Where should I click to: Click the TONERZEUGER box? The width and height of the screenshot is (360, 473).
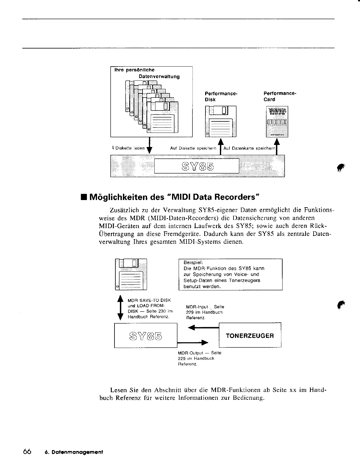click(250, 336)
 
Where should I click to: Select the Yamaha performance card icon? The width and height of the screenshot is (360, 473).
click(277, 121)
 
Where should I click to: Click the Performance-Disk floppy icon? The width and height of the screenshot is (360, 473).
click(221, 121)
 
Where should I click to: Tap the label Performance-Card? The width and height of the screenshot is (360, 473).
click(280, 96)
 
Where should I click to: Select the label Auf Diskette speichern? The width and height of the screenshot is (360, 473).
click(193, 149)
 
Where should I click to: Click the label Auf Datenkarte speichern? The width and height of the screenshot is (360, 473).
click(249, 149)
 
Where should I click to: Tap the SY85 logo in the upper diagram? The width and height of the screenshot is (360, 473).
click(197, 166)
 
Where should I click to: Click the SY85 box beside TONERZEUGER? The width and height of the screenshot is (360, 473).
click(146, 335)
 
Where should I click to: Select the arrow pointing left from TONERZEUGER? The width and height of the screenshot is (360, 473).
click(205, 327)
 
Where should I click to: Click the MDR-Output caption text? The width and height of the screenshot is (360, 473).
click(199, 358)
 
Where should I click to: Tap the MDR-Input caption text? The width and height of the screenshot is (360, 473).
click(205, 312)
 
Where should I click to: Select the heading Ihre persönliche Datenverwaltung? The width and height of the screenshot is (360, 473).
click(147, 73)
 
